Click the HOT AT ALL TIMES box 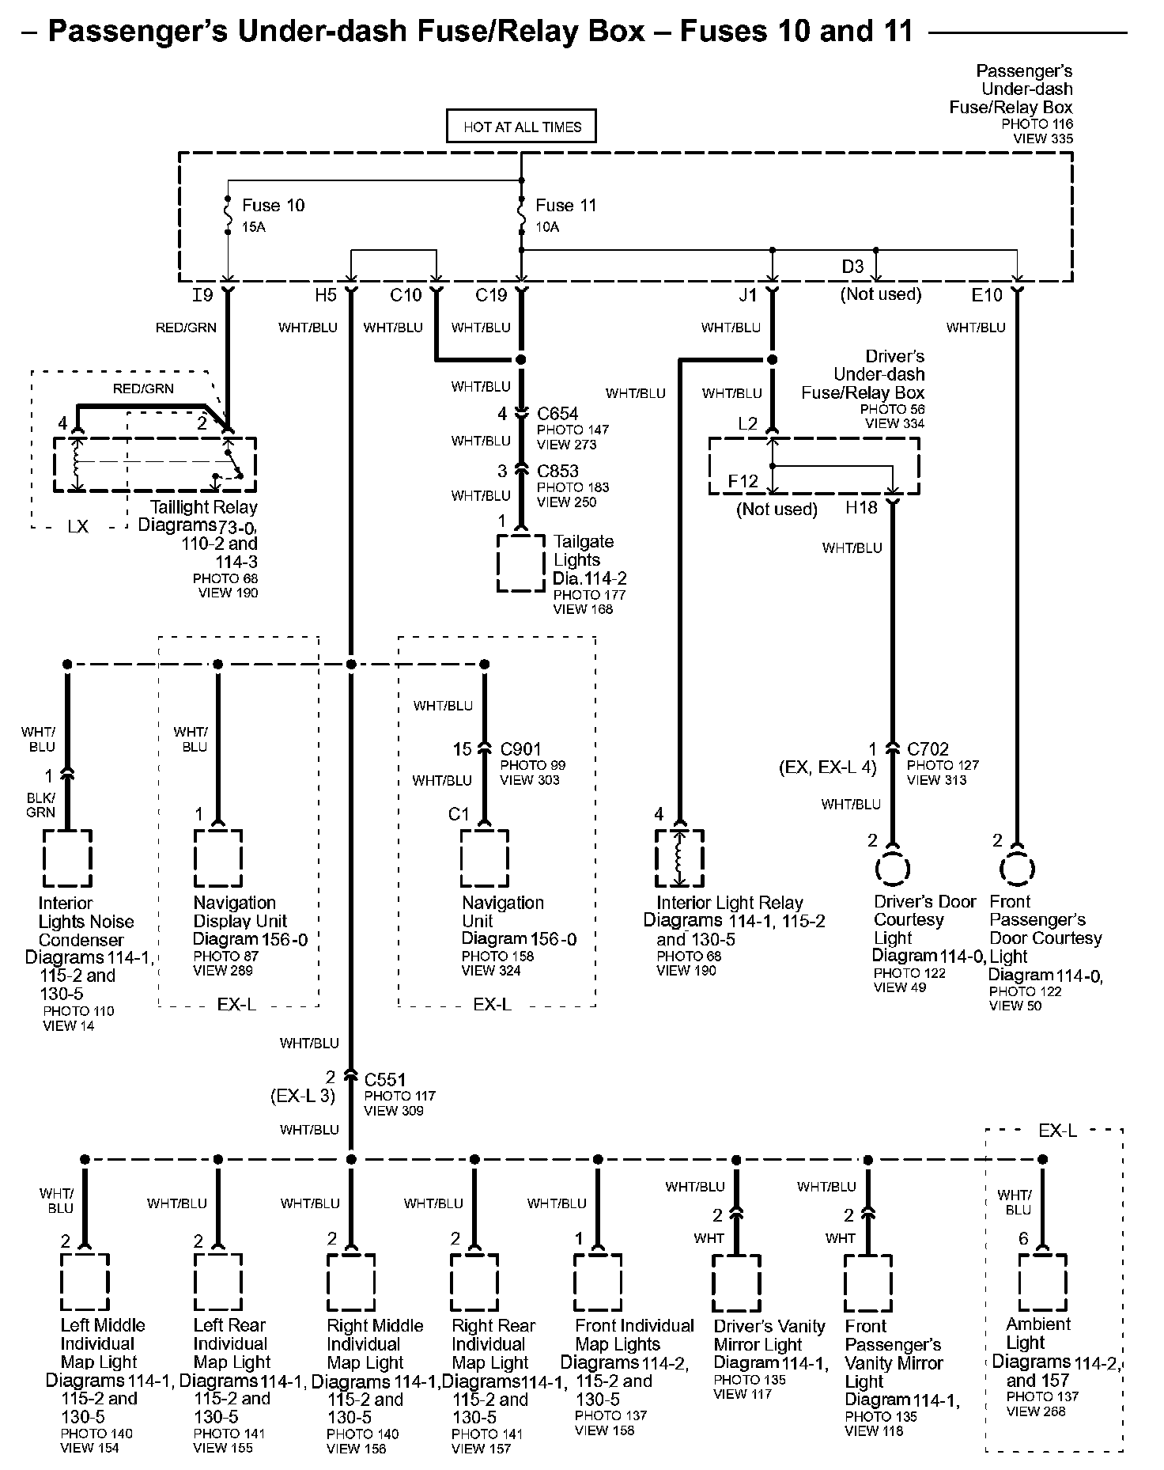(x=521, y=127)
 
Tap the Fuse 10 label (x=273, y=206)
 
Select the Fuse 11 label (x=565, y=206)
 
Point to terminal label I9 (x=202, y=295)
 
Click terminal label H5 (x=326, y=295)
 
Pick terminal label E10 (x=987, y=295)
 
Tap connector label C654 (x=557, y=414)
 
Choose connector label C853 (x=557, y=472)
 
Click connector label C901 (x=521, y=749)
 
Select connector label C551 (x=385, y=1080)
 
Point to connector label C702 (x=928, y=749)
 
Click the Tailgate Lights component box (x=521, y=563)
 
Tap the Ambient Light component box (x=1042, y=1282)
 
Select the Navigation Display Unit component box (x=218, y=858)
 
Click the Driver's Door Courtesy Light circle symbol (x=892, y=869)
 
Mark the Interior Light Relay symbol (x=678, y=858)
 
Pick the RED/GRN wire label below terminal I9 (x=186, y=328)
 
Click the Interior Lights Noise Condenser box (x=67, y=858)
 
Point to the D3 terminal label (x=852, y=267)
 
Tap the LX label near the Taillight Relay (x=78, y=527)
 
